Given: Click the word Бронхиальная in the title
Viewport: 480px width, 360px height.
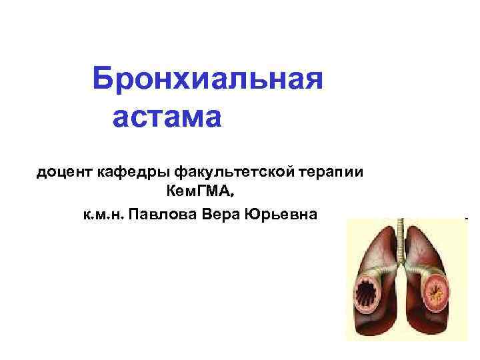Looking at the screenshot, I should pos(208,80).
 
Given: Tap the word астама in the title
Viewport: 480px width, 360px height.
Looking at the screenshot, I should pos(166,118).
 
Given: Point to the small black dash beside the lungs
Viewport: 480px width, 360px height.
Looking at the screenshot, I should pos(466,218).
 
